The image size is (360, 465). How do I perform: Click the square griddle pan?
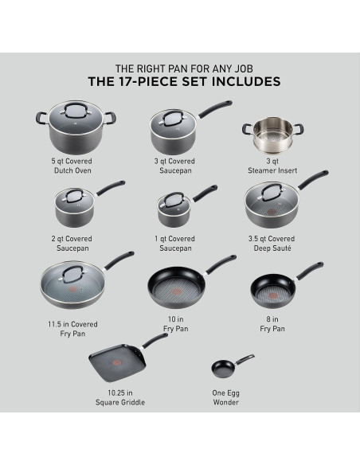(118, 363)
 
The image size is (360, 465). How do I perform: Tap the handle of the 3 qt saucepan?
(214, 107)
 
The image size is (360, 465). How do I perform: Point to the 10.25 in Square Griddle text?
(118, 397)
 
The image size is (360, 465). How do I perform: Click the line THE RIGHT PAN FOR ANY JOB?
(180, 68)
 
